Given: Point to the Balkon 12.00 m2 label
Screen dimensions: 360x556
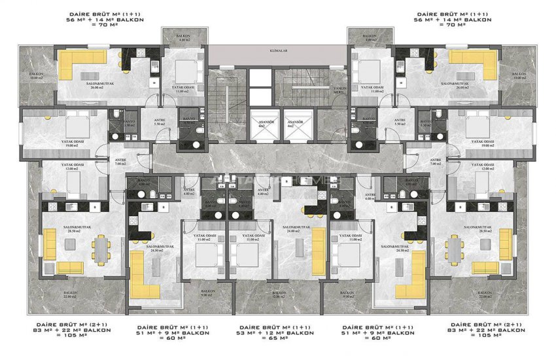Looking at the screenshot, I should [279, 296].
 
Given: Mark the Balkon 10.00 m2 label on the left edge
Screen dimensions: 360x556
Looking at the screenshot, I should [37, 77].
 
